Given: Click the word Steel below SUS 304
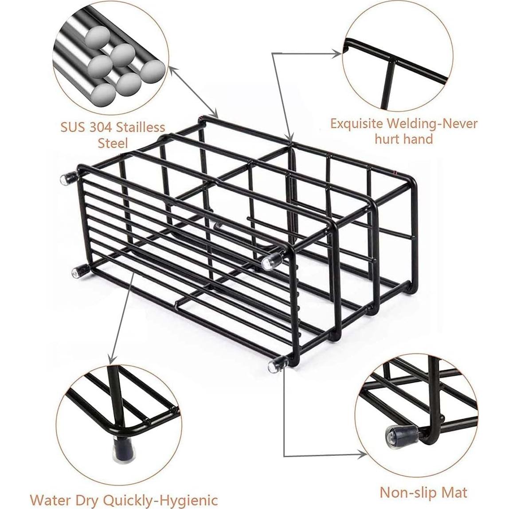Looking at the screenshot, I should (113, 143).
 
